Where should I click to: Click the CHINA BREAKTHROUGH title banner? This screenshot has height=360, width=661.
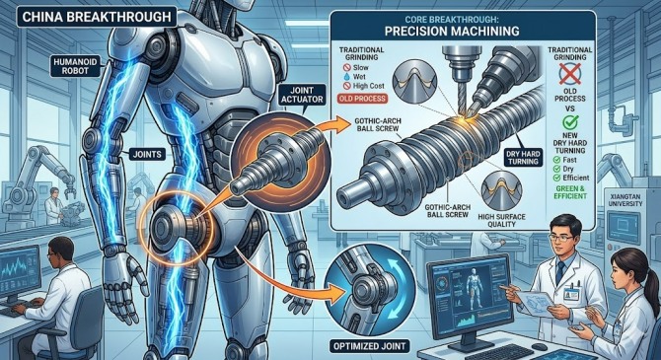[97, 17]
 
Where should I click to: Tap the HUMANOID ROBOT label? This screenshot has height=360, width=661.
[75, 66]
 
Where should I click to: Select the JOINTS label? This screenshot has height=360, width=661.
[147, 154]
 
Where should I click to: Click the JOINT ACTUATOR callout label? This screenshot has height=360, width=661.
[302, 95]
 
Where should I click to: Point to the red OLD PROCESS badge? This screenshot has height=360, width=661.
[362, 99]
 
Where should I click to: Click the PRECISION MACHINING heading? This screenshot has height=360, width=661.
[452, 32]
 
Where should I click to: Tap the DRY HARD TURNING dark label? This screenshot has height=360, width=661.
[523, 158]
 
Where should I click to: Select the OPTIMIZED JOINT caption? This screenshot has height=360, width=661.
[369, 346]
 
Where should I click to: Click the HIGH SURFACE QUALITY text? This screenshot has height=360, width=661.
[501, 221]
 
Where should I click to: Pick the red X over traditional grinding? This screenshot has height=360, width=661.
[570, 74]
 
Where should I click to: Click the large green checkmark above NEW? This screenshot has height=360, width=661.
[570, 122]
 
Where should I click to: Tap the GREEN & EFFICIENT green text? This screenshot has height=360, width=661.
[570, 192]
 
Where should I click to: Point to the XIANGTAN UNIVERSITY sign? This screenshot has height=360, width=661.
[625, 200]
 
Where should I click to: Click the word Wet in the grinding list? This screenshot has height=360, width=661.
[359, 77]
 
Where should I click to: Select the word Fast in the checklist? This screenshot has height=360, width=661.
[569, 160]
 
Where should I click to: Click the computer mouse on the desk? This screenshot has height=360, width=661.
[540, 347]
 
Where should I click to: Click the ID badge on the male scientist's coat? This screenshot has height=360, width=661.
[571, 293]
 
